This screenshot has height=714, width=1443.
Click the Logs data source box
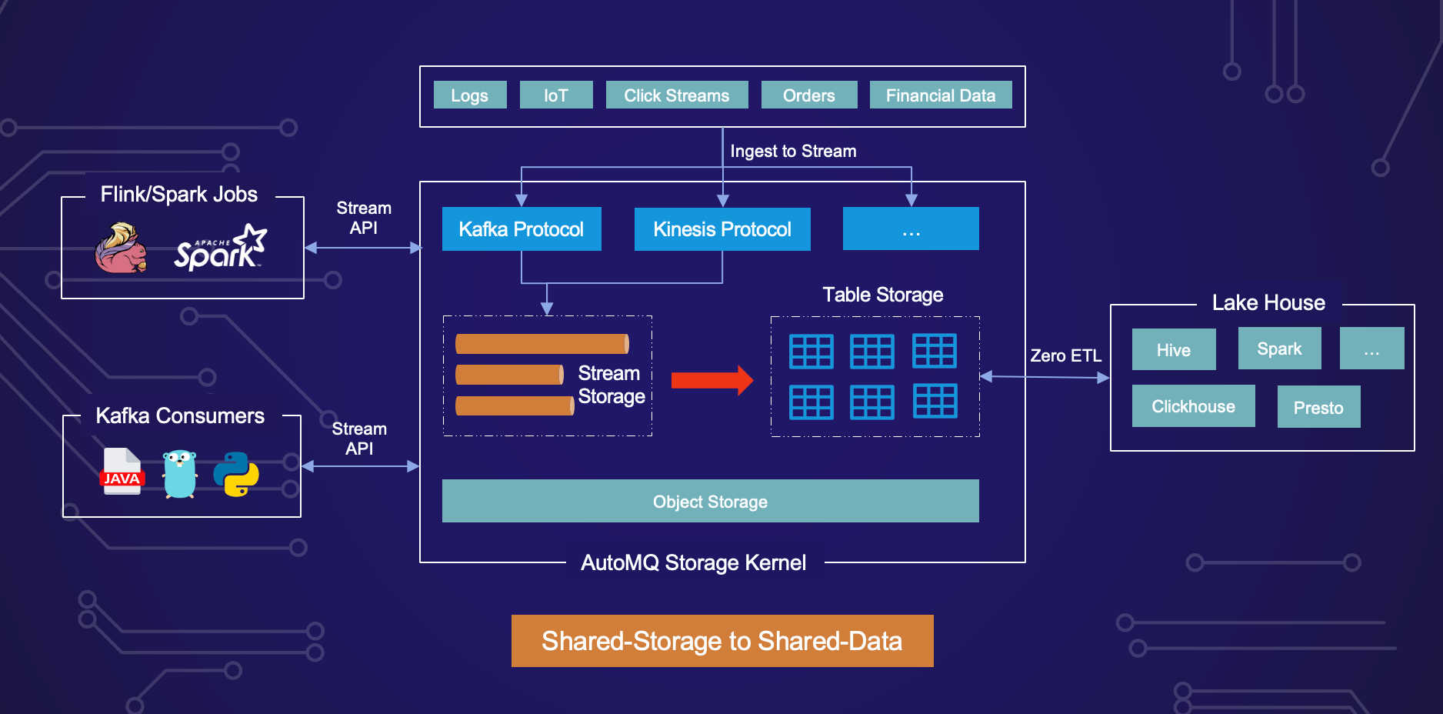point(470,95)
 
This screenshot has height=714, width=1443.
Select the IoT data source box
point(556,95)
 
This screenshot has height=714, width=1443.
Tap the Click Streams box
point(677,95)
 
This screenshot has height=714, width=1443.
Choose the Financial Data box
point(940,95)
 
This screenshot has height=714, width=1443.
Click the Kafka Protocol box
point(522,229)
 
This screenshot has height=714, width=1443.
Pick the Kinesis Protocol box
point(722,229)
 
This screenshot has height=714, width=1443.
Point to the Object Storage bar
point(710,501)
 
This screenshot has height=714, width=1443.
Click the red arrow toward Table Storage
point(712,380)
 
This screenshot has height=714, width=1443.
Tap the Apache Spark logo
point(220,249)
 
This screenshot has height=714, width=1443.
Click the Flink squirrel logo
point(121,249)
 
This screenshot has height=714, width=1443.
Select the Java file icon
point(122,472)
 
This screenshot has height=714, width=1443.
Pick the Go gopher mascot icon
point(180,474)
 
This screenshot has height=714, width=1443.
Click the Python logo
point(236,474)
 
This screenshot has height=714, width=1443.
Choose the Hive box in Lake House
point(1174,350)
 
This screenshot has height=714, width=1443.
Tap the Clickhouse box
point(1193,406)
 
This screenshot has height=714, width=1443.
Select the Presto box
point(1318,407)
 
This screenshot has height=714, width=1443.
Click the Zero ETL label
point(1065,355)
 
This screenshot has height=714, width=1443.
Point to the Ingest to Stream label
point(793,151)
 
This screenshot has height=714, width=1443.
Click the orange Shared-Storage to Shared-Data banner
point(722,641)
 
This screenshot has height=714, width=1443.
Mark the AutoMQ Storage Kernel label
point(693,562)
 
